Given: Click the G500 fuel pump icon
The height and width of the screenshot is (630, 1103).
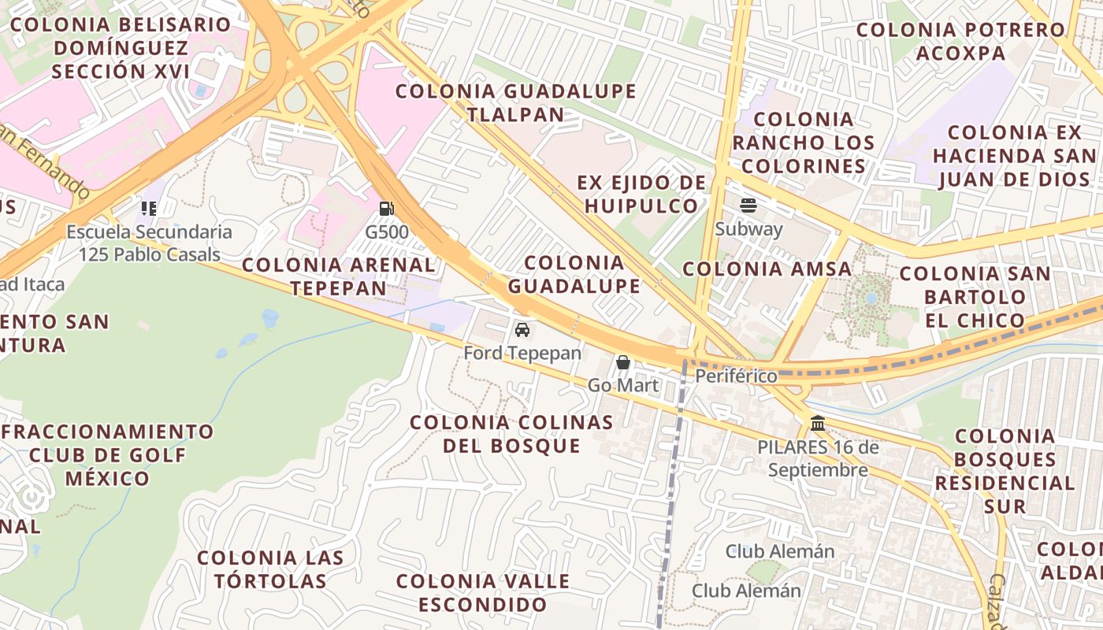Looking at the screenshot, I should click(387, 209).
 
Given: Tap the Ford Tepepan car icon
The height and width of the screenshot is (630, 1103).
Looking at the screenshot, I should click(522, 329).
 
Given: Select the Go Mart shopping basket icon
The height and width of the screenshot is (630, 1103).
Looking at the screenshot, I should click(623, 362).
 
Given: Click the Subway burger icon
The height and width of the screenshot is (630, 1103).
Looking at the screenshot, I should click(748, 206).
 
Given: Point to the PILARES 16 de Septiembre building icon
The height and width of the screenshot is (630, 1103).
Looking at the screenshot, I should click(818, 424).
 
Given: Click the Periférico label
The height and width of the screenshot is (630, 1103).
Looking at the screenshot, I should click(736, 376).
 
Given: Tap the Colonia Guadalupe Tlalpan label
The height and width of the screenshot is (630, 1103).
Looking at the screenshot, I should click(515, 102).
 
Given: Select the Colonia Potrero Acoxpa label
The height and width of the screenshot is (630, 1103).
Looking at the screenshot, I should click(961, 42).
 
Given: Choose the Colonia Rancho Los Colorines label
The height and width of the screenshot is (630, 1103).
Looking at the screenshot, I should click(804, 143).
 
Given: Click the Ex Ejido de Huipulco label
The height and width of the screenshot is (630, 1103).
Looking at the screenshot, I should click(642, 195).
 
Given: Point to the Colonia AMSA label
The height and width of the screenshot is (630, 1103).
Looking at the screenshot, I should click(767, 269).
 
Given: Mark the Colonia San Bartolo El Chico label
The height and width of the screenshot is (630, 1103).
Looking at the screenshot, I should click(975, 297).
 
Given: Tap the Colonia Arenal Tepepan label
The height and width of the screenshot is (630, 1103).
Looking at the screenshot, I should click(339, 276).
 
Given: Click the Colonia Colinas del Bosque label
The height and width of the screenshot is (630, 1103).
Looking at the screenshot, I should click(511, 434).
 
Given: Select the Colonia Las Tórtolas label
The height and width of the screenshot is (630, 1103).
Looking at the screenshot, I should click(270, 569).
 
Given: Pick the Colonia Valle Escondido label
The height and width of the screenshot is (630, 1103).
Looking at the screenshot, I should click(482, 593).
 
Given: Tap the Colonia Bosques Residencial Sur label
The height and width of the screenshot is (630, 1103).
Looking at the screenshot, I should click(1005, 470).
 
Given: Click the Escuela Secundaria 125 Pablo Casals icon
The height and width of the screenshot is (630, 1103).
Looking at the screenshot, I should click(149, 209).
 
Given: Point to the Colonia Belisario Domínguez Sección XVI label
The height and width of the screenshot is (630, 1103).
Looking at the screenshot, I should click(121, 47).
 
